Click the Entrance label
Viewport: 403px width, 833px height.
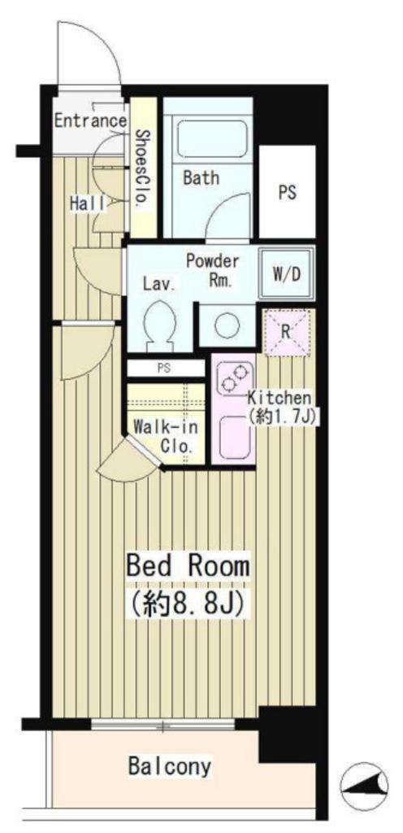coord(91,120)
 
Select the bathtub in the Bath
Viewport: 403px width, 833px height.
coord(211,138)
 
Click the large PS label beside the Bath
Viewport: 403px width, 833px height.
coord(287,193)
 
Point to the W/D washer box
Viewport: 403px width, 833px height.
coord(286,274)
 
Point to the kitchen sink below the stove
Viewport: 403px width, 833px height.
coord(234,437)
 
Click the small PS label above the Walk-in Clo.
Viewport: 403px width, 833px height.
coord(164,369)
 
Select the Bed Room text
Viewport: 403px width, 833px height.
coord(187,566)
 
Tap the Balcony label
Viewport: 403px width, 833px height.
coord(170,766)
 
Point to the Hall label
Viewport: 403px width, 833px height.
coord(89,203)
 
